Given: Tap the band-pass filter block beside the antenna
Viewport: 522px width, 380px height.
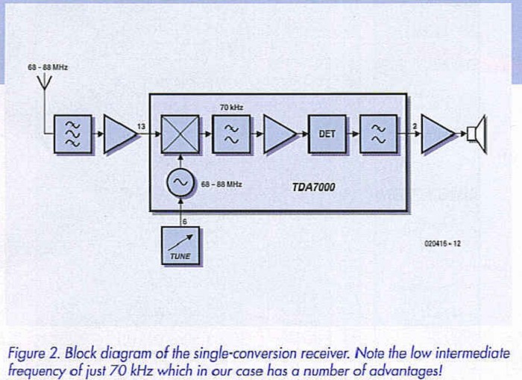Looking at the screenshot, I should (x=73, y=134).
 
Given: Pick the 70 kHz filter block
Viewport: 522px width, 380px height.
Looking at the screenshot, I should (x=231, y=134).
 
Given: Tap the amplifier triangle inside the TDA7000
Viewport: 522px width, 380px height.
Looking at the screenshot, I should (x=278, y=134).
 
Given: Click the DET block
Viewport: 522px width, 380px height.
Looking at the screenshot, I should (x=327, y=134).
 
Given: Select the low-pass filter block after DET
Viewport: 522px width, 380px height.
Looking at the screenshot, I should (x=378, y=134).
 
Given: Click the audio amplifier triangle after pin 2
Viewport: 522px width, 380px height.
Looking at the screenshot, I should (x=438, y=134).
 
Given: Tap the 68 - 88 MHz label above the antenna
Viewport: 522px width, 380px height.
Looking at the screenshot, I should (x=48, y=67).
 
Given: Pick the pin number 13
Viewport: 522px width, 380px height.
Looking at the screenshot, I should (x=141, y=126).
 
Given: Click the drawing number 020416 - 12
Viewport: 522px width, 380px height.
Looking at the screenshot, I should (x=441, y=243).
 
